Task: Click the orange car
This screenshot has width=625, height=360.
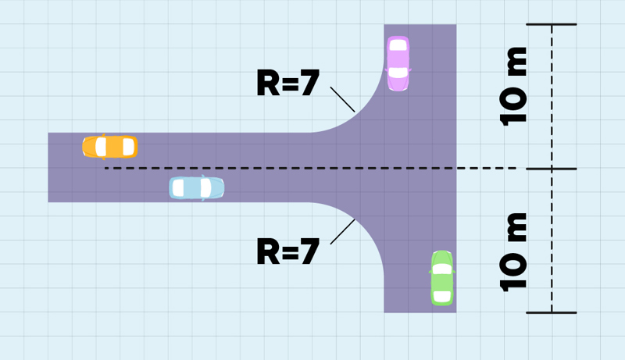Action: click(x=110, y=147)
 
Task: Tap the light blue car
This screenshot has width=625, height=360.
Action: click(x=197, y=188)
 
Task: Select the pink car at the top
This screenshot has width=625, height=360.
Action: click(x=398, y=62)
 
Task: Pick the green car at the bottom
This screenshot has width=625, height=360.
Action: click(x=442, y=278)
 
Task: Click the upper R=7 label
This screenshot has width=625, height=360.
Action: click(x=287, y=84)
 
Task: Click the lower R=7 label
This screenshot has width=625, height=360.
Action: click(x=287, y=252)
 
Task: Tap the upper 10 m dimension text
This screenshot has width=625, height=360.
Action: click(x=513, y=86)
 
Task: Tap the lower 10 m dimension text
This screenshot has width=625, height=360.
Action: click(x=513, y=251)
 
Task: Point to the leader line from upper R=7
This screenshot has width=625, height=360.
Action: click(x=342, y=99)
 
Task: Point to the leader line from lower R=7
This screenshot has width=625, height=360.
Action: click(x=342, y=232)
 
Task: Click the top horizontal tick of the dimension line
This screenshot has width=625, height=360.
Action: click(x=551, y=24)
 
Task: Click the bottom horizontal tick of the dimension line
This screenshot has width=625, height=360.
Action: click(x=551, y=313)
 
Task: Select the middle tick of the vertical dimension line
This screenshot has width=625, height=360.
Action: click(x=551, y=169)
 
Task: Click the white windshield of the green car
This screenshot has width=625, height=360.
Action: click(x=442, y=269)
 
